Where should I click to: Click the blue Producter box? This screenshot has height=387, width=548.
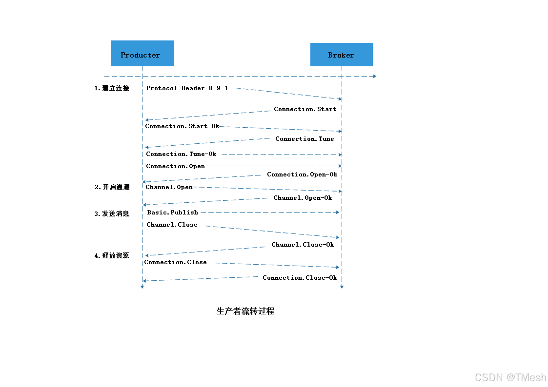coord(142,53)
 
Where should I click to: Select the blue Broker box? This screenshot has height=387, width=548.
coord(341,55)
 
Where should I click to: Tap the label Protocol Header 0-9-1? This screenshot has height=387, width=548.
coord(187,88)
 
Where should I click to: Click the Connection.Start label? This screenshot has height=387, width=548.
coord(305,109)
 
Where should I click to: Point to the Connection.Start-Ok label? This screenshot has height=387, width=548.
coord(182,126)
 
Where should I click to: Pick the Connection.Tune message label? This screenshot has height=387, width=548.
coord(304,139)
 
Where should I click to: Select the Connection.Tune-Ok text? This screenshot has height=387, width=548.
coord(181,154)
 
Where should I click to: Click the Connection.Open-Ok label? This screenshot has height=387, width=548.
coord(302,174)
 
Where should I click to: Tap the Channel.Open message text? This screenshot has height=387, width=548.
coord(169,187)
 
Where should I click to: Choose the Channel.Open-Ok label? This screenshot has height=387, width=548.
coord(303,198)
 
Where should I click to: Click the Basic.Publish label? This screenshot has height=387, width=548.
coord(173,213)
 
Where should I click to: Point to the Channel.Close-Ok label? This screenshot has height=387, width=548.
coord(303,245)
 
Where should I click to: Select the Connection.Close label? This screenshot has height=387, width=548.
coord(175,262)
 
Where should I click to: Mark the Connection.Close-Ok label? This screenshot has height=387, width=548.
coord(300,278)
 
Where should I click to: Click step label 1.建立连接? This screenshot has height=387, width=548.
coord(112,88)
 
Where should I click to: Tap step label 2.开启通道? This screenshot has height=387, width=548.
coord(112,187)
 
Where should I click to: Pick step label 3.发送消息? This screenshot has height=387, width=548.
coord(112,213)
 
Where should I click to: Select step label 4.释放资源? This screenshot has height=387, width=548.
coord(112,255)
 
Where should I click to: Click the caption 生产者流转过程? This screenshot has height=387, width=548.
coord(245,311)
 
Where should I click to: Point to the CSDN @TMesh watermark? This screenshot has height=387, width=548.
coord(510,377)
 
